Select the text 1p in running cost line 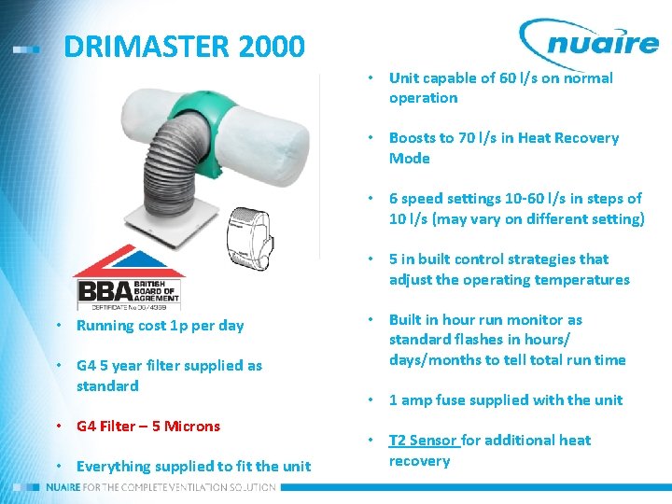pos(181,326)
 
